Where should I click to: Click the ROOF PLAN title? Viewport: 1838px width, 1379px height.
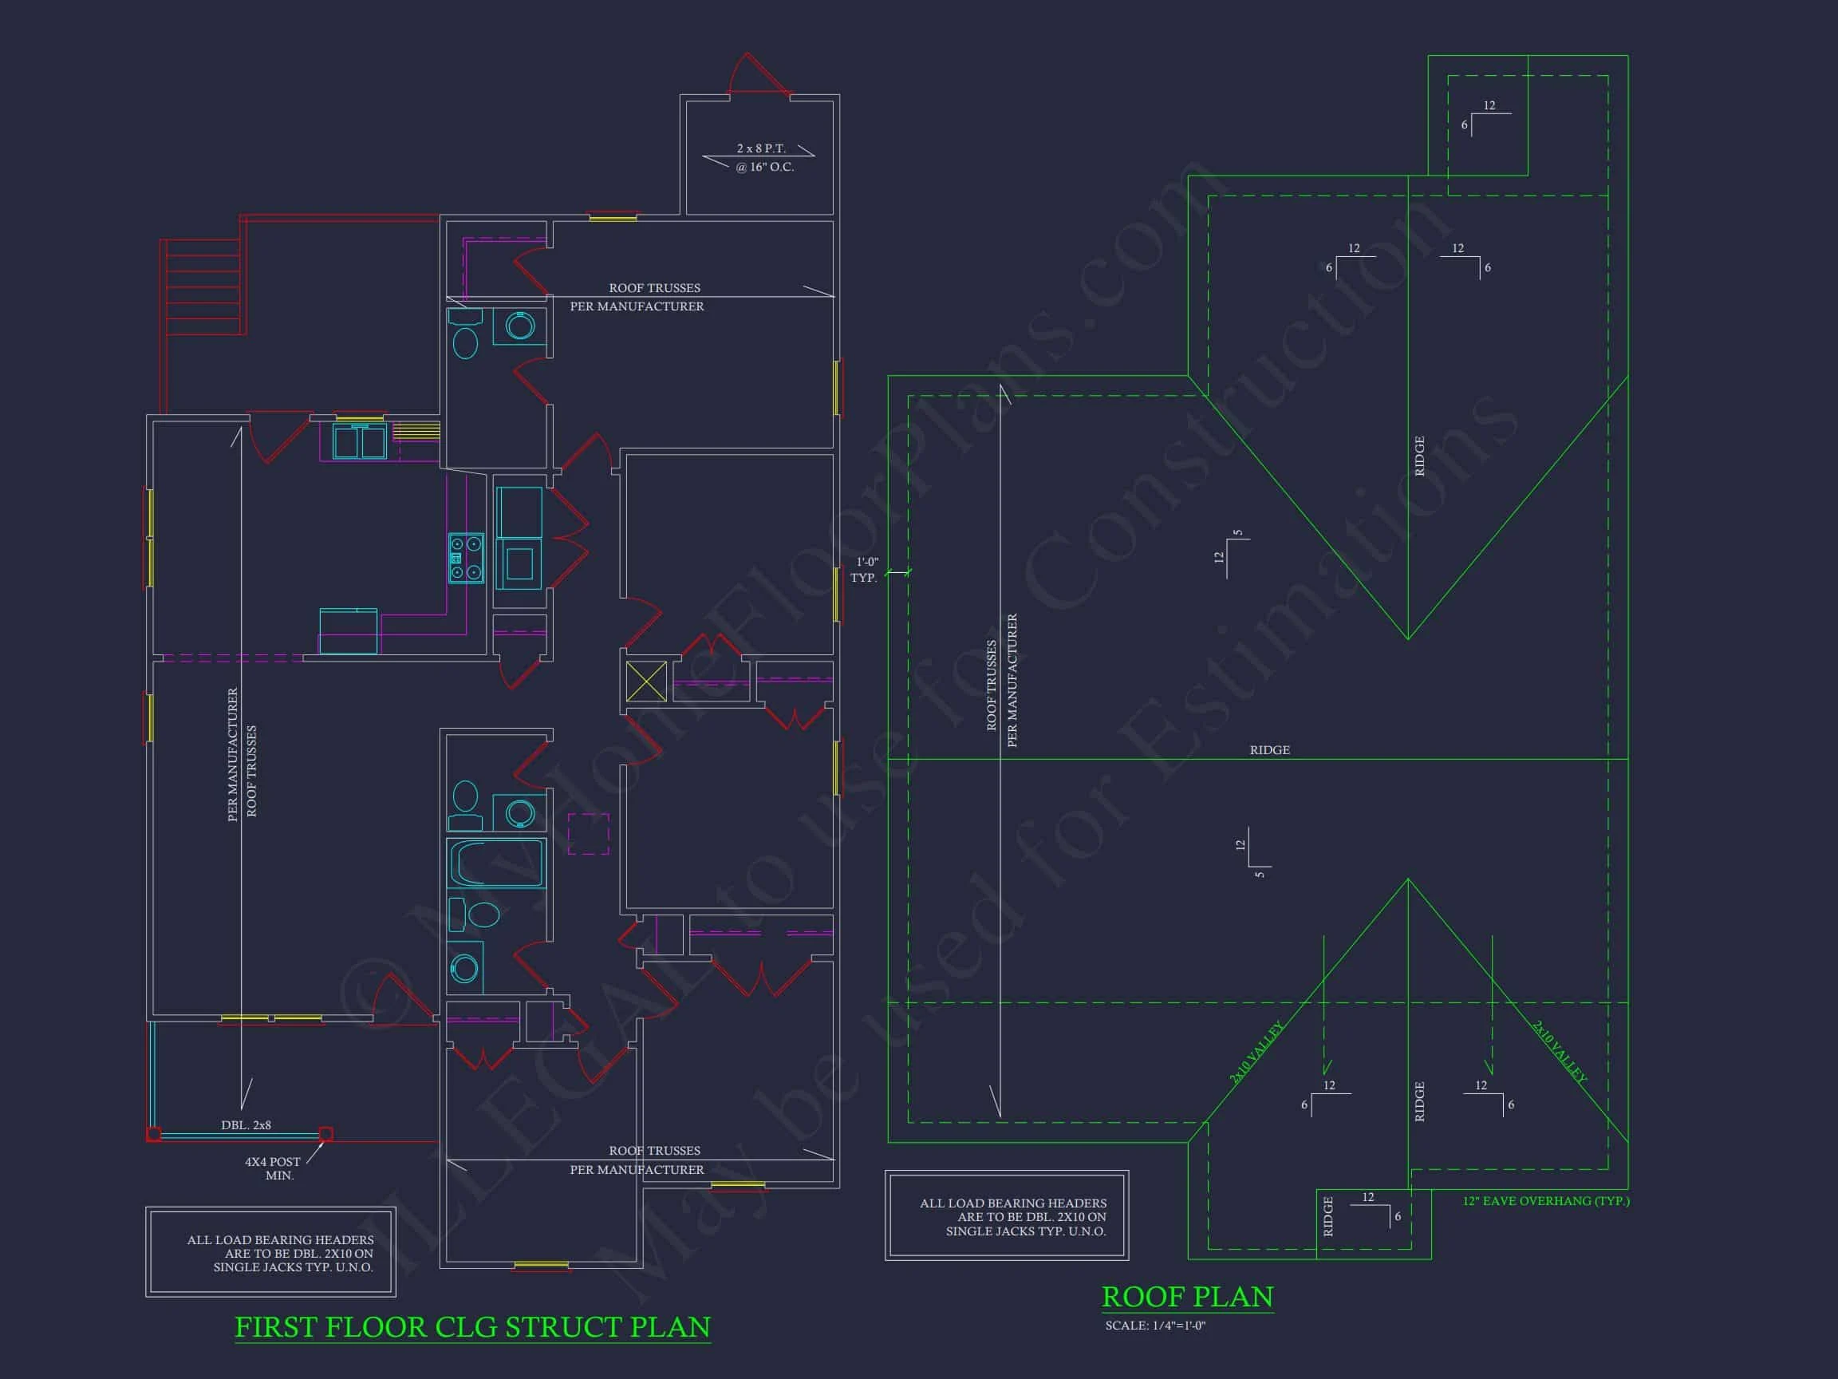tap(1186, 1297)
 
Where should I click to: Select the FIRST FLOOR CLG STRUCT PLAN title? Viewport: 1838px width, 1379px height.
tap(472, 1327)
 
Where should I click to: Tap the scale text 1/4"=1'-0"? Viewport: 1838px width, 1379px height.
tap(1155, 1326)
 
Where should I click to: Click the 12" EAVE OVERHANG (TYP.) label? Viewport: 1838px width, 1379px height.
tap(1545, 1201)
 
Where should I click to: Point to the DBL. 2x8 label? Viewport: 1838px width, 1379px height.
tap(246, 1125)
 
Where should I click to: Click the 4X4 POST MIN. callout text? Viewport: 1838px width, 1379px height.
tap(273, 1168)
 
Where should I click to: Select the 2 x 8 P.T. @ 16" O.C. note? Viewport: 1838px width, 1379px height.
tap(763, 158)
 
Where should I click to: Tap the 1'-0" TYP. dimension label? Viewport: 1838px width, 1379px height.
tap(865, 571)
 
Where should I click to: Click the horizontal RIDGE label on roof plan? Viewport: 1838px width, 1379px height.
tap(1270, 751)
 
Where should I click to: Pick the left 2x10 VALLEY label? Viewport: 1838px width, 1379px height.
tap(1256, 1053)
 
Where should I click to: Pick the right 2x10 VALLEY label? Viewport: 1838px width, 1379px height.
tap(1560, 1053)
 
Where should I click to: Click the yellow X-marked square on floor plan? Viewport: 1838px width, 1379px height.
tap(645, 682)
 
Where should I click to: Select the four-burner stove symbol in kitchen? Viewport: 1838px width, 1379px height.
tap(466, 558)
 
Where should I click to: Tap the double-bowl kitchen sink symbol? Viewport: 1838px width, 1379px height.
tap(360, 441)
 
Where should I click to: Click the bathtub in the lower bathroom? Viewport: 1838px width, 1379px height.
tap(496, 863)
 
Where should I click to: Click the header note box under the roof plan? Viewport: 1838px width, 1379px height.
tap(1006, 1216)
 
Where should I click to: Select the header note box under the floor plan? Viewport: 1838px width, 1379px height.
tap(271, 1253)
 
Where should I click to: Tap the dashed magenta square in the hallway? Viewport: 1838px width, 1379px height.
tap(588, 834)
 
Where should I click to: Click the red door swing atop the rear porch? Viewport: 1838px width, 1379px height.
tap(758, 75)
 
